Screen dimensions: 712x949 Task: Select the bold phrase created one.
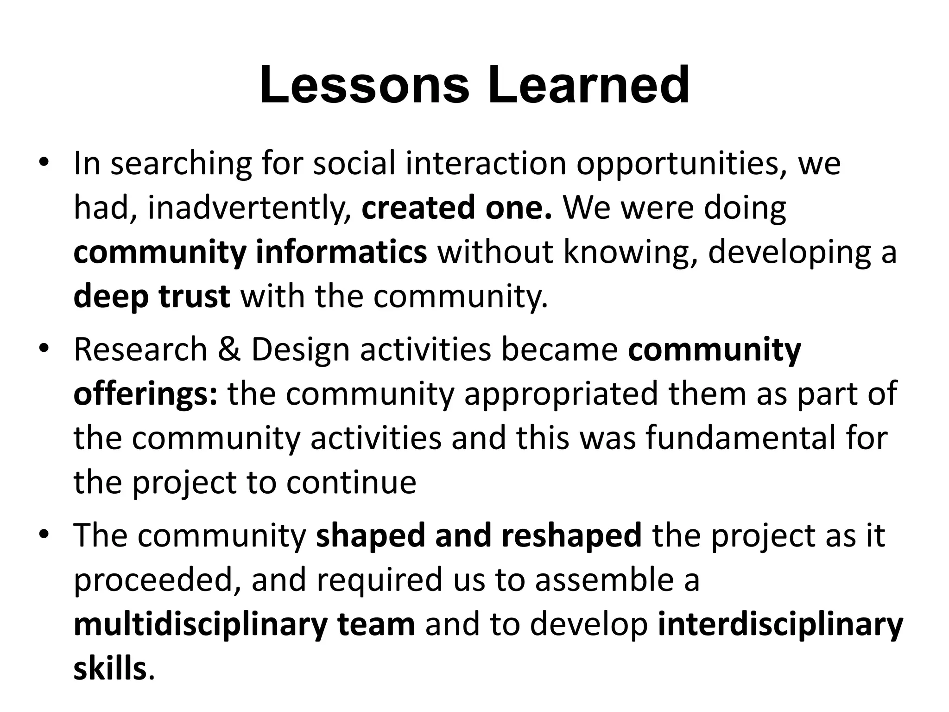pos(456,208)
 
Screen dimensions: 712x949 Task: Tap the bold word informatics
pos(341,253)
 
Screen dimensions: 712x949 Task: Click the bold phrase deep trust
pos(152,297)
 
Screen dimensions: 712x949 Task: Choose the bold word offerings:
pos(145,394)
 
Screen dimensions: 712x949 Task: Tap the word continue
pos(351,483)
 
